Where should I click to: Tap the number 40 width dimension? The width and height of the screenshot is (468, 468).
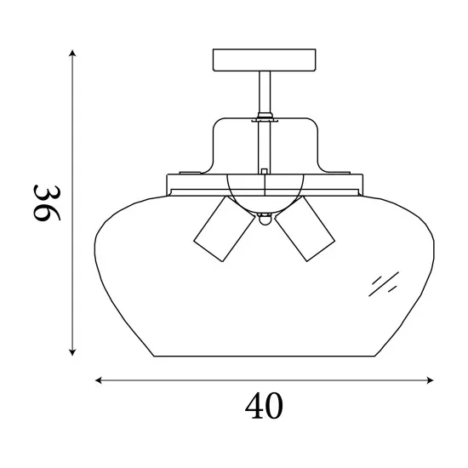(x=264, y=407)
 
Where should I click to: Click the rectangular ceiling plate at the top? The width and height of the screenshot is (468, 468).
(x=265, y=60)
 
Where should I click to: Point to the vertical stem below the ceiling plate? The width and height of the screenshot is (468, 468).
(x=265, y=94)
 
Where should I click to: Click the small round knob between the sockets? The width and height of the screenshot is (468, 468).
(x=265, y=220)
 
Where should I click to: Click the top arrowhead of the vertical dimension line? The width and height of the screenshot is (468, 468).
(x=73, y=54)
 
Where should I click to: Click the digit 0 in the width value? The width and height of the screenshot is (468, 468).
(x=275, y=407)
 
